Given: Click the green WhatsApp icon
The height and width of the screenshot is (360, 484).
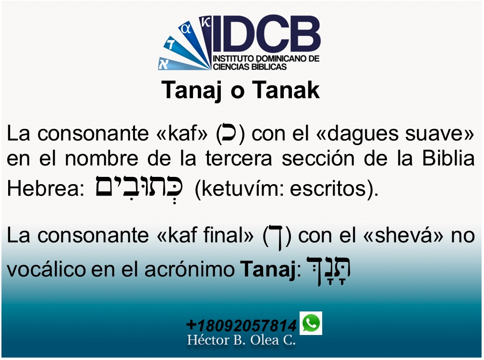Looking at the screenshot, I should (x=311, y=323).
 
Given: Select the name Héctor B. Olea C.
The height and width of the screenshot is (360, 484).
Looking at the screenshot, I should (x=241, y=341).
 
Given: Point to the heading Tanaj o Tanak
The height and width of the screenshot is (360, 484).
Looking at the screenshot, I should (x=241, y=90).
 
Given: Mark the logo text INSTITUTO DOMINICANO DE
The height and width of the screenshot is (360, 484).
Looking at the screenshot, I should (x=266, y=58).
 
